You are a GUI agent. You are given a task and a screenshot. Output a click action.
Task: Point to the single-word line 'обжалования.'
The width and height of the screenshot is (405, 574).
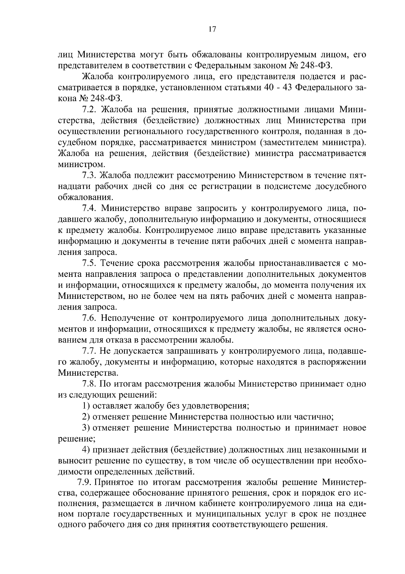pos(85,197)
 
